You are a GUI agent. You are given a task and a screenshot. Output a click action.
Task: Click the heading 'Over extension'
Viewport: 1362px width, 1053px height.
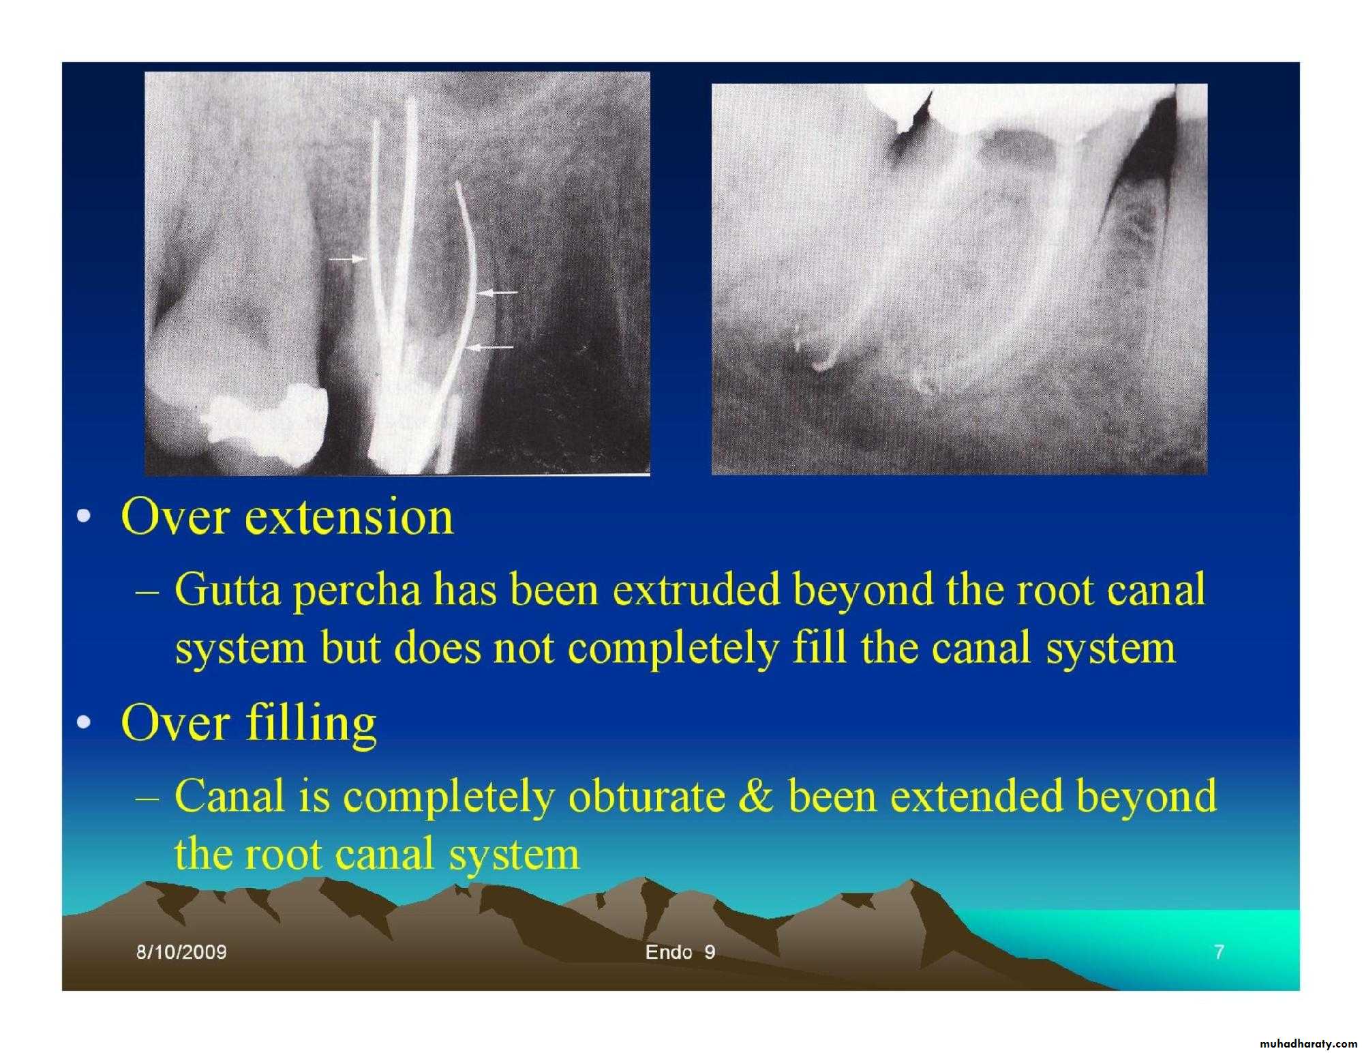[287, 516]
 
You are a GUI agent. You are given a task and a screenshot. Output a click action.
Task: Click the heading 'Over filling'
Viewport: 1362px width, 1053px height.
[249, 724]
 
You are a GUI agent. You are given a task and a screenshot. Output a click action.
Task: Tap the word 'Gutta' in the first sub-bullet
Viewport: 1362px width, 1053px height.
[227, 589]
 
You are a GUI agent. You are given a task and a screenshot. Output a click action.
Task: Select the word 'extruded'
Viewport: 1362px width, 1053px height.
[696, 589]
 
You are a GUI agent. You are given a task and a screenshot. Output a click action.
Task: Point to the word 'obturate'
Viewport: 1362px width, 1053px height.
[647, 797]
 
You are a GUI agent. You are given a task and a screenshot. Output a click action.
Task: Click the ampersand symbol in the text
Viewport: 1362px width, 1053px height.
[756, 797]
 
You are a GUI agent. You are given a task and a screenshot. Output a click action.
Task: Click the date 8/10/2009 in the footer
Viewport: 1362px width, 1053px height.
[181, 952]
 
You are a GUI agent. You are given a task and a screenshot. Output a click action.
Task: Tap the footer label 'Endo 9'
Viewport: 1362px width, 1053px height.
[680, 952]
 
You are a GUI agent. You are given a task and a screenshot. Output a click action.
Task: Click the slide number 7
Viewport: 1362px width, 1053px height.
[1219, 952]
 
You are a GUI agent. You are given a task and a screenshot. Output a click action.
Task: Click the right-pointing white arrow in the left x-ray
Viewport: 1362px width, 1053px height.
[347, 259]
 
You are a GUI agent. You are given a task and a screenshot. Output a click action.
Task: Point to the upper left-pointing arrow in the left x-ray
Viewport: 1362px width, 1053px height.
[496, 293]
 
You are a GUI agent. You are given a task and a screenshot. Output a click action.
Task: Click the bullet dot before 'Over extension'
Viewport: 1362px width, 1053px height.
[83, 517]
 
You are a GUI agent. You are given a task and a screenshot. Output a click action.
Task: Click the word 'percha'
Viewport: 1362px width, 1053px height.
[357, 591]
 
